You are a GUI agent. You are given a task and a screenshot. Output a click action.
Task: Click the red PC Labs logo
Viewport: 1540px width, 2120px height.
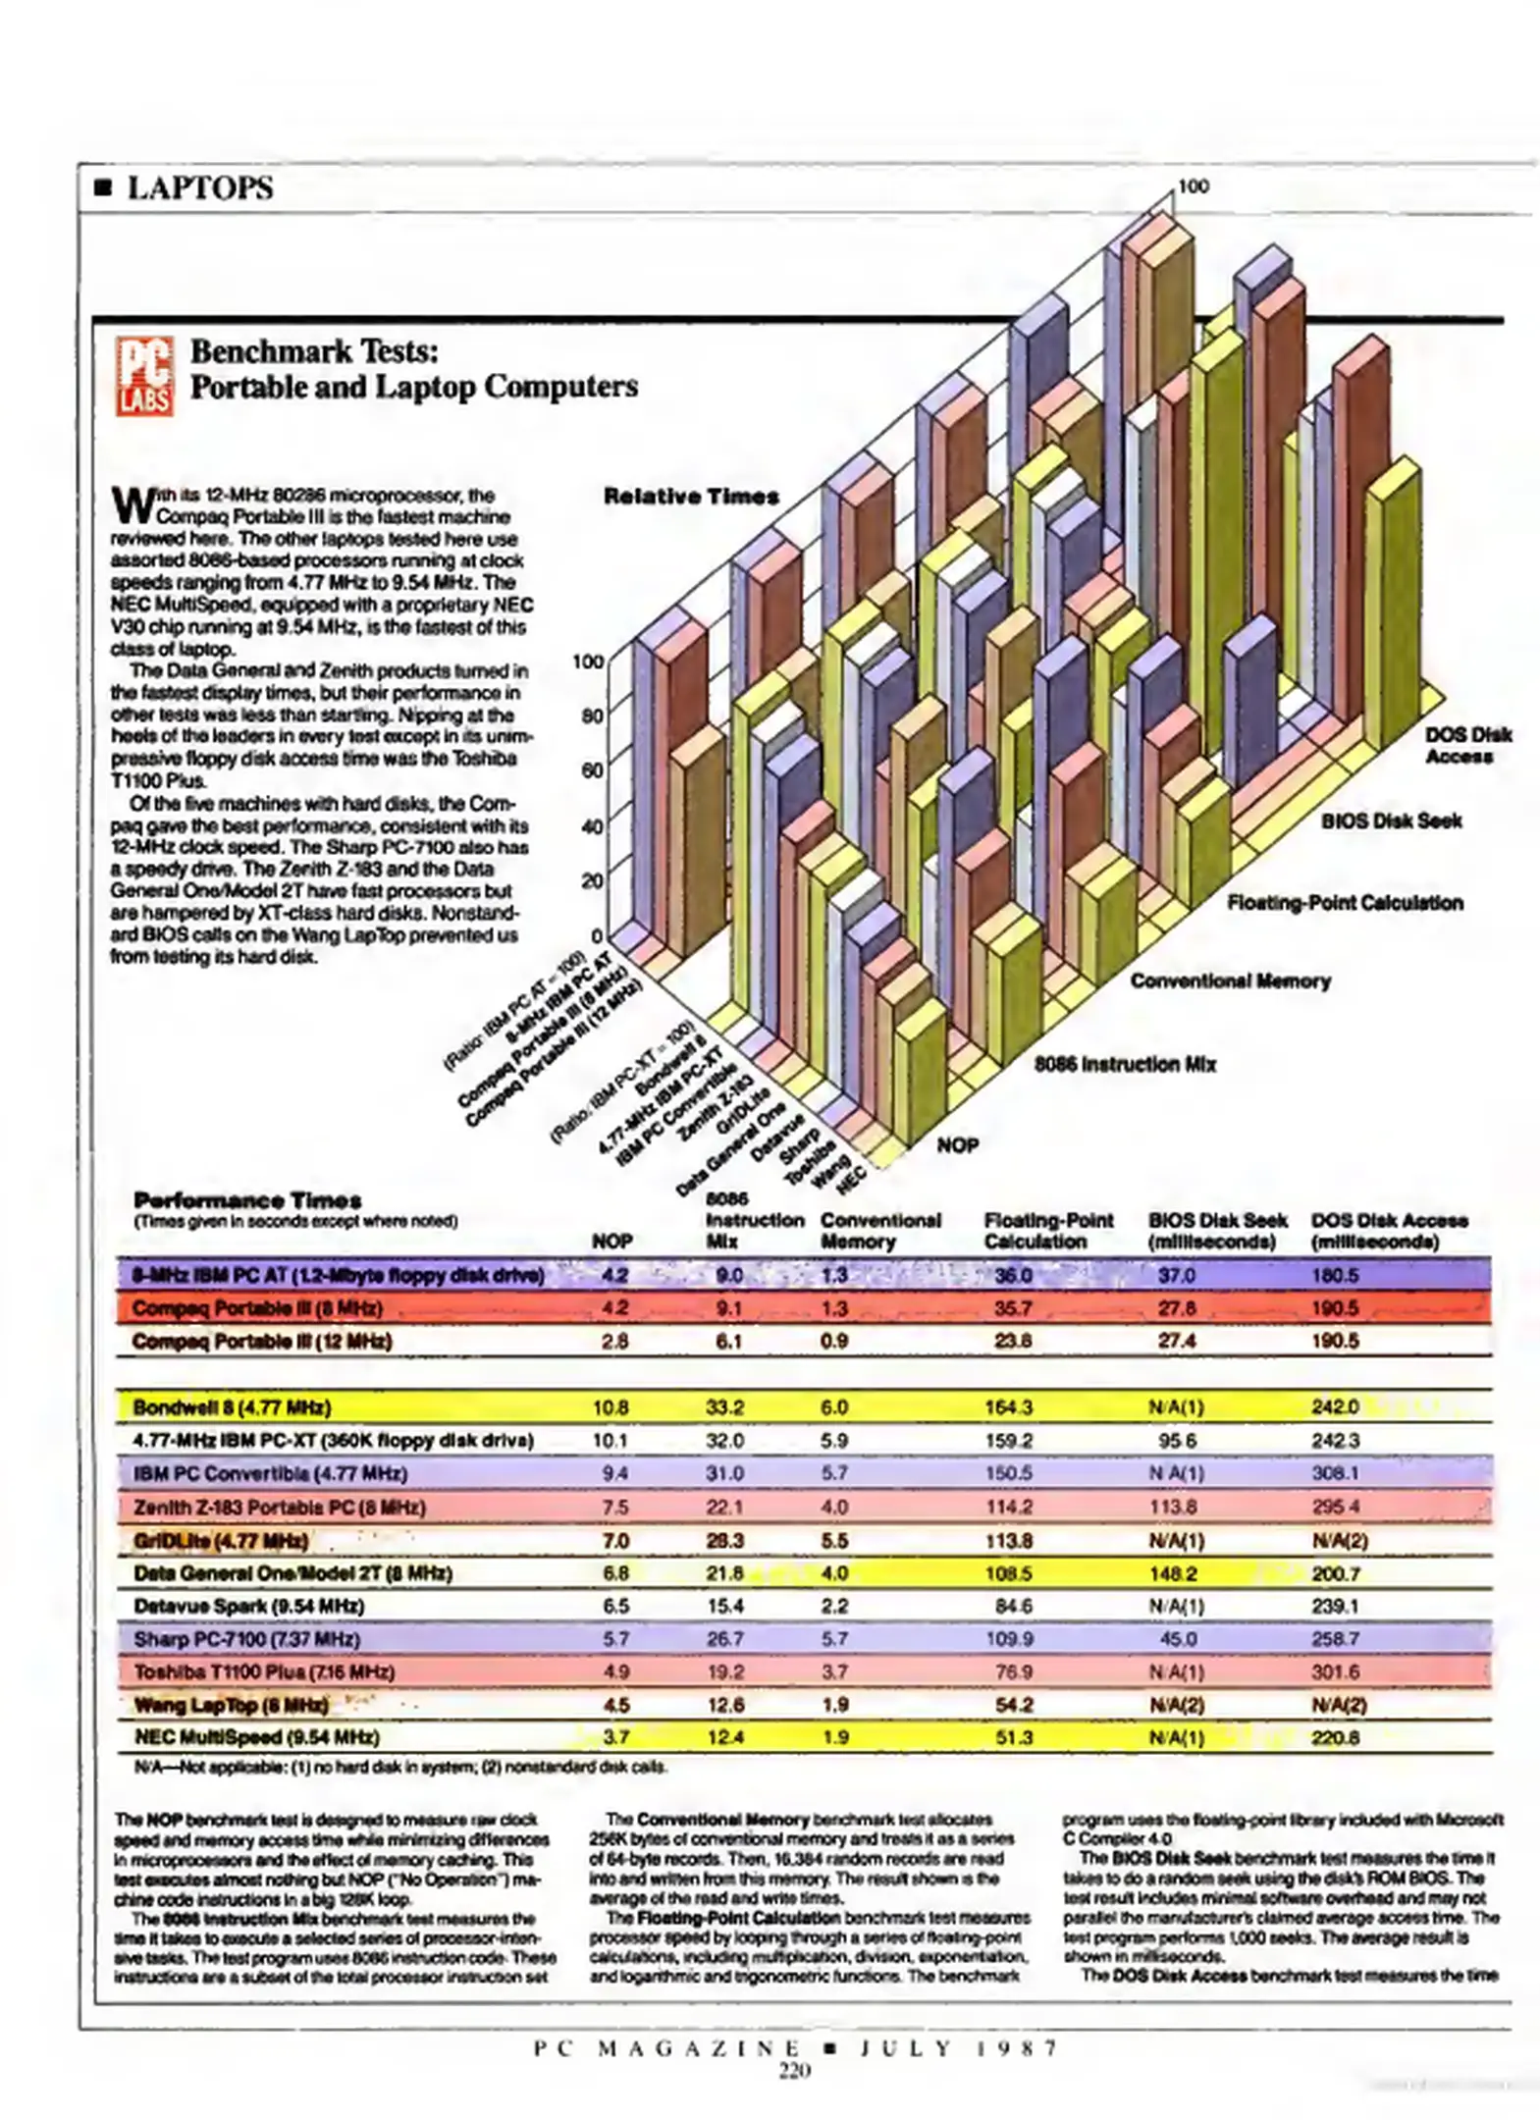(x=144, y=375)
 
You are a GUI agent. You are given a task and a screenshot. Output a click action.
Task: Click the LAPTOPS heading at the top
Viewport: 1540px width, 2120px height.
(x=199, y=187)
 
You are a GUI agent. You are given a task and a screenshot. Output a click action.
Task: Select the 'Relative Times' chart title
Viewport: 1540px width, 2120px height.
(x=691, y=496)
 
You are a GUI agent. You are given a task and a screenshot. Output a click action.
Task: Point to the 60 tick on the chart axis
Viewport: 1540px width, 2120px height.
(x=591, y=769)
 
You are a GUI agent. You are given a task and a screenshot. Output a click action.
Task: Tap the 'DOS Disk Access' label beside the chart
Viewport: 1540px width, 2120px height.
(x=1466, y=745)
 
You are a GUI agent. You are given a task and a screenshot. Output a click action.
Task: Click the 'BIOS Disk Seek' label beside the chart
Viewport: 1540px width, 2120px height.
(x=1390, y=821)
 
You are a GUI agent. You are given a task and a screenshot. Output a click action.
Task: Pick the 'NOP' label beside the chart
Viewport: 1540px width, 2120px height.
(x=957, y=1144)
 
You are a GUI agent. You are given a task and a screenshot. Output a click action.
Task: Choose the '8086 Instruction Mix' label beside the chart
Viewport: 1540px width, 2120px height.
(x=1125, y=1064)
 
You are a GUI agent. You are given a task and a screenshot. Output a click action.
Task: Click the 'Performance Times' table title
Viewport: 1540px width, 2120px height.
(x=247, y=1199)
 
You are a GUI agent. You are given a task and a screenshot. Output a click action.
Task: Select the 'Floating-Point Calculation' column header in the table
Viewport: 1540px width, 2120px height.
(x=1047, y=1230)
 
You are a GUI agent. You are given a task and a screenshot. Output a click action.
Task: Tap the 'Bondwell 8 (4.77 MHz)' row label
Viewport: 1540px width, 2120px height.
(x=232, y=1407)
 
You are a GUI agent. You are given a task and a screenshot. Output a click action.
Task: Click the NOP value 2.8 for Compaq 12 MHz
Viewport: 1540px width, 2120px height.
(x=614, y=1341)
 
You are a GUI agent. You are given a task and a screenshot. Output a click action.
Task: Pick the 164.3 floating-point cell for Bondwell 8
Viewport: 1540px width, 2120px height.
(x=1008, y=1407)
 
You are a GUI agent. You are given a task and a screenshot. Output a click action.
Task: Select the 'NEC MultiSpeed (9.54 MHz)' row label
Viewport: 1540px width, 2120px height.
(x=256, y=1736)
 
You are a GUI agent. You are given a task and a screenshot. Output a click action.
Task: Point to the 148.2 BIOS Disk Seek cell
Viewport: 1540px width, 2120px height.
(x=1176, y=1572)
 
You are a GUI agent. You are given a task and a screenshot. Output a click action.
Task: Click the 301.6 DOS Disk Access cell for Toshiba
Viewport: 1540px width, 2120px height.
(x=1335, y=1671)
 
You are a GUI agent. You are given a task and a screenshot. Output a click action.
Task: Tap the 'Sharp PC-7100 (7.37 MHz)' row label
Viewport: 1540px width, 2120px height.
(x=246, y=1638)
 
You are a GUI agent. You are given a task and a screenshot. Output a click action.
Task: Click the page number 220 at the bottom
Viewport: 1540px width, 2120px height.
(x=794, y=2071)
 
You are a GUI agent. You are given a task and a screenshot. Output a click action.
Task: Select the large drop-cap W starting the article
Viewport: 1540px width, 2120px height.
(x=131, y=504)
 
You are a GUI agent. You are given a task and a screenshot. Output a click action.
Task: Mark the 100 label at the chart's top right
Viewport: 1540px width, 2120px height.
(x=1193, y=185)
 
